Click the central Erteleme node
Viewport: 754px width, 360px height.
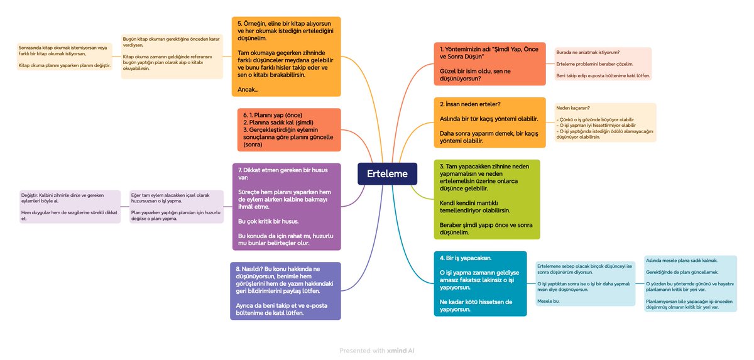tap(387, 174)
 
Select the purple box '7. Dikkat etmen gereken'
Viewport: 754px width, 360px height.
tap(287, 207)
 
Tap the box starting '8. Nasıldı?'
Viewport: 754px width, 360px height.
tap(286, 291)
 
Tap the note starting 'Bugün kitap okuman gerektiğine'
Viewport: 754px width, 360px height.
tap(172, 57)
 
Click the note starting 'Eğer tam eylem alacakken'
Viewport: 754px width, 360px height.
tap(176, 207)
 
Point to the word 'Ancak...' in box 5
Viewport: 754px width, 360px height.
tap(248, 90)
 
